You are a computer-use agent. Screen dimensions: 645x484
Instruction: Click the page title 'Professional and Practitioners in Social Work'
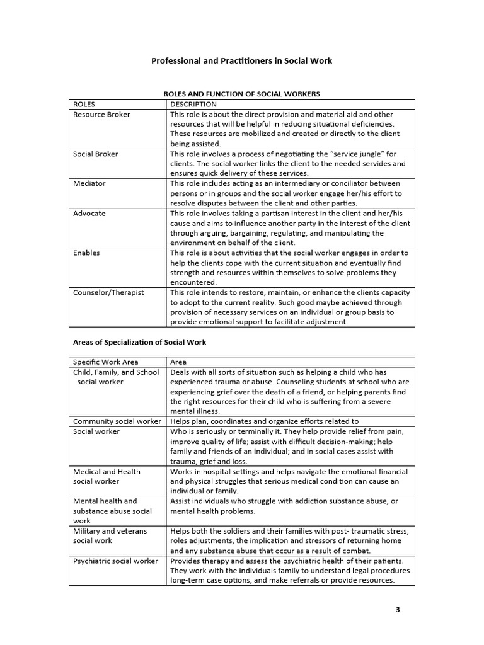pos(241,61)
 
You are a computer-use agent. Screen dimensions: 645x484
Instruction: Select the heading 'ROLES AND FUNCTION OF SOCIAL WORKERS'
pos(242,94)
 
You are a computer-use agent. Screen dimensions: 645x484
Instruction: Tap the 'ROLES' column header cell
pos(84,104)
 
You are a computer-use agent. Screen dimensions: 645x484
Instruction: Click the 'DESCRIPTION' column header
pos(193,104)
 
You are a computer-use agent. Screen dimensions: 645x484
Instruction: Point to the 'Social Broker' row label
pos(96,154)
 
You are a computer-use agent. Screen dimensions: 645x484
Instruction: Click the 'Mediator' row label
pos(89,183)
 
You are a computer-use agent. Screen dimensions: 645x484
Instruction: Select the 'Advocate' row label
pos(89,214)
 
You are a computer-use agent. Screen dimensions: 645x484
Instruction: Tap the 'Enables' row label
pos(86,253)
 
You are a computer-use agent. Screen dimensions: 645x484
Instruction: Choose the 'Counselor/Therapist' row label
pos(108,292)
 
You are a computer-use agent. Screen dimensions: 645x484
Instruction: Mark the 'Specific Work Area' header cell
pos(106,362)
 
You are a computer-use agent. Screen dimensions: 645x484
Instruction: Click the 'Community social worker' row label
pos(117,421)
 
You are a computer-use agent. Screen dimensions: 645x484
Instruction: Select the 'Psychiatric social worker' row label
pos(116,561)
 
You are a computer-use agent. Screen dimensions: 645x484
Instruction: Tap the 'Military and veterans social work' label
pos(110,535)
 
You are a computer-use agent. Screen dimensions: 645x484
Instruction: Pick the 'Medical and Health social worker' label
pos(107,476)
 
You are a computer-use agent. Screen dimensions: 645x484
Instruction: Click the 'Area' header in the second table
pos(179,362)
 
